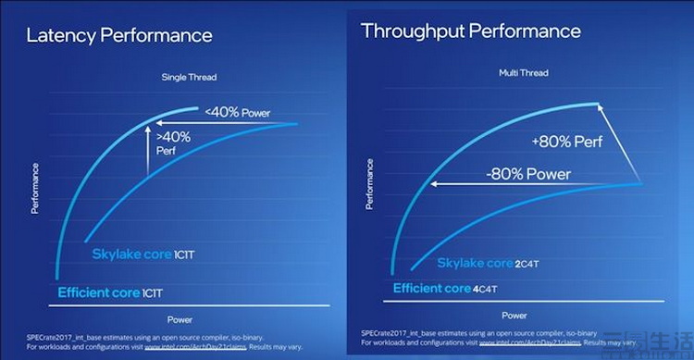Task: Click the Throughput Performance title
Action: [471, 31]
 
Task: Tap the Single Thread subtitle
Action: [189, 77]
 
